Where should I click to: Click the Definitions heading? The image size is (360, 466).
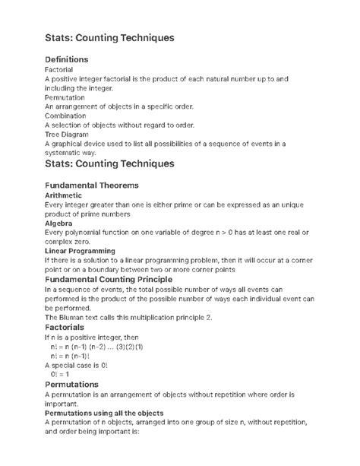click(67, 59)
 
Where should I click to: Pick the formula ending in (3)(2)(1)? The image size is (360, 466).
click(96, 346)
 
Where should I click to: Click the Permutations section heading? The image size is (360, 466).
click(77, 385)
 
